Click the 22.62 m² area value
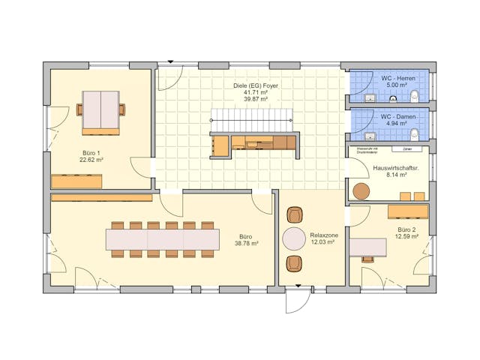[93, 160]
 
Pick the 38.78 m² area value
[246, 243]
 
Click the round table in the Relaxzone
[294, 238]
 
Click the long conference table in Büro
[162, 239]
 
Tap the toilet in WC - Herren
[414, 95]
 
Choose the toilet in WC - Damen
[414, 134]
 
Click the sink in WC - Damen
[368, 136]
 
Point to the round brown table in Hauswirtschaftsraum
[362, 191]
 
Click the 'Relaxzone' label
[324, 235]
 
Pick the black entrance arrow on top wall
[170, 61]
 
